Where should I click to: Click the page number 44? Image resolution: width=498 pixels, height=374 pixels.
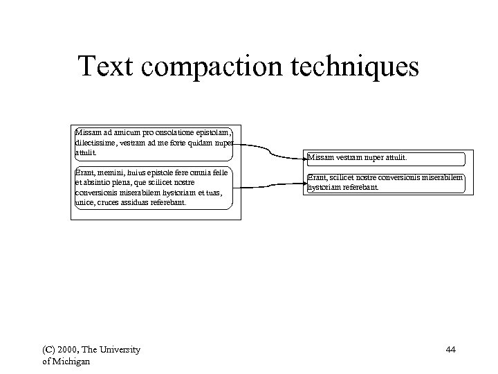(450, 350)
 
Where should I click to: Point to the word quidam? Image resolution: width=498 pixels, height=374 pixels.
(198, 141)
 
